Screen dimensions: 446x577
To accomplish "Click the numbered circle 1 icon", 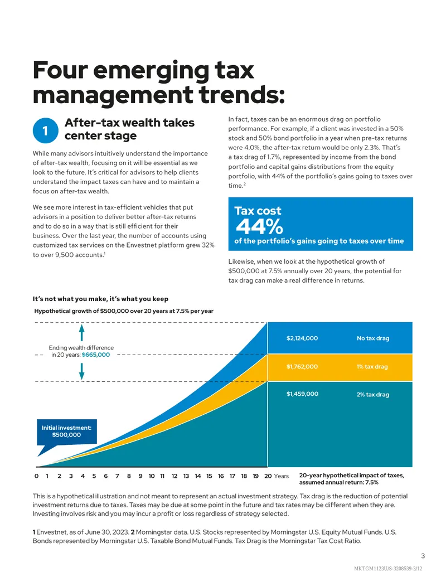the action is (45, 130).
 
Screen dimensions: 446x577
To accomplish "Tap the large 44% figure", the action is (259, 226).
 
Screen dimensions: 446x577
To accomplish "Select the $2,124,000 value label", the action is (302, 338).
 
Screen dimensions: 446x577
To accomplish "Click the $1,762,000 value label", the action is (302, 366).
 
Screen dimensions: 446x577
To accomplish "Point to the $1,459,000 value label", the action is (303, 394).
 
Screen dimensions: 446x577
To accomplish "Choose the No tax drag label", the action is (373, 338).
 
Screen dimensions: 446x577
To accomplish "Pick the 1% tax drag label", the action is (372, 366).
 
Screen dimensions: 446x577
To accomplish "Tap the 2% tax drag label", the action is (373, 395).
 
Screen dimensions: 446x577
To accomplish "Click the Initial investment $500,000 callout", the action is (66, 431).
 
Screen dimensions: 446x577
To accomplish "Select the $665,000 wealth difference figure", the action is (96, 355).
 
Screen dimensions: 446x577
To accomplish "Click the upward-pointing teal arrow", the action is (82, 333).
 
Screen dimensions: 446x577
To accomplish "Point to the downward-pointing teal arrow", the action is (82, 371).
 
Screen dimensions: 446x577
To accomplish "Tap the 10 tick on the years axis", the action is (152, 476).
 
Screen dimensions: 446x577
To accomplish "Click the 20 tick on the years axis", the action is (268, 476).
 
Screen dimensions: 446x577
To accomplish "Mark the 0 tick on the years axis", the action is (36, 476).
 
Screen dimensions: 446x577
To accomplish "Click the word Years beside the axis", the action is (282, 476).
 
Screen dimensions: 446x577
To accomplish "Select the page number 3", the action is (423, 556).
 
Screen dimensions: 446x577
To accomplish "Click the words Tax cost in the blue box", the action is (258, 211).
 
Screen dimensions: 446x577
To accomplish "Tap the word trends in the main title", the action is (242, 95).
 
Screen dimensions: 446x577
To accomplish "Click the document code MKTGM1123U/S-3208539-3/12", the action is (388, 569).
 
